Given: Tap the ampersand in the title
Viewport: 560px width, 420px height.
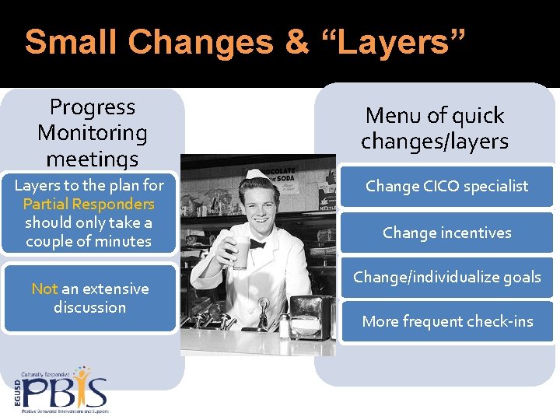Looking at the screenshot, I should tap(297, 42).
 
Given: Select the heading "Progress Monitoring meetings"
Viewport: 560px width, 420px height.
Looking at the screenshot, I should tap(92, 132).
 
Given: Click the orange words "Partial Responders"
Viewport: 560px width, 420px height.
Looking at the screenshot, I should tap(89, 204).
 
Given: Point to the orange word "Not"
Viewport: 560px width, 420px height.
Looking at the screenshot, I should tap(44, 289).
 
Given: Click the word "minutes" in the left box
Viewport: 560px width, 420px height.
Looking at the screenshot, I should tap(119, 241).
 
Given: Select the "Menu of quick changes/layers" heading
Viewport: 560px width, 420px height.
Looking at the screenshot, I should tap(435, 128).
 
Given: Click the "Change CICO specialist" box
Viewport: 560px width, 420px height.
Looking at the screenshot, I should tap(446, 186).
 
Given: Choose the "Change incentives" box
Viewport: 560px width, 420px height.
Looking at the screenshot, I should tap(446, 233).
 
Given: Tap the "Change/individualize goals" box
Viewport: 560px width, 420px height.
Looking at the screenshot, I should tap(446, 277).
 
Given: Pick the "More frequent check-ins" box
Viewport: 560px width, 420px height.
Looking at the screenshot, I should tap(446, 321).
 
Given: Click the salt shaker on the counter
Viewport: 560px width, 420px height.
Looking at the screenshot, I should tap(285, 326).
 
